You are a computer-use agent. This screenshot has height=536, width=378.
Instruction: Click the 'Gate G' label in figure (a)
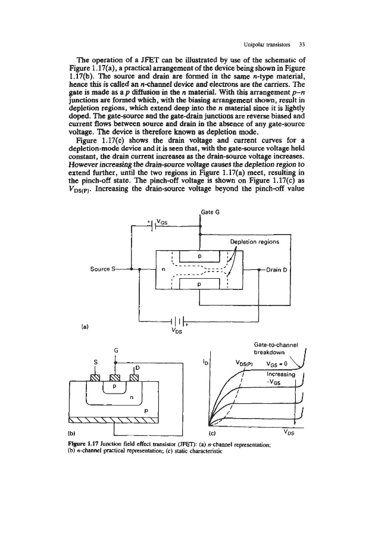(210, 213)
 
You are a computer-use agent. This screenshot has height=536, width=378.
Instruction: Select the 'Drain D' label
(277, 269)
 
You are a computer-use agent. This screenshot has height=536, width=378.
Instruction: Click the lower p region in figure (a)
(199, 284)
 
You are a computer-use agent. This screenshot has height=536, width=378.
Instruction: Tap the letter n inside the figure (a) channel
(163, 269)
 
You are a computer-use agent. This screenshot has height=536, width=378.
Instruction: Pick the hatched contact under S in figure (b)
(93, 376)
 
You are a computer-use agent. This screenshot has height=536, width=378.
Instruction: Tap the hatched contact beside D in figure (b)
(135, 376)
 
